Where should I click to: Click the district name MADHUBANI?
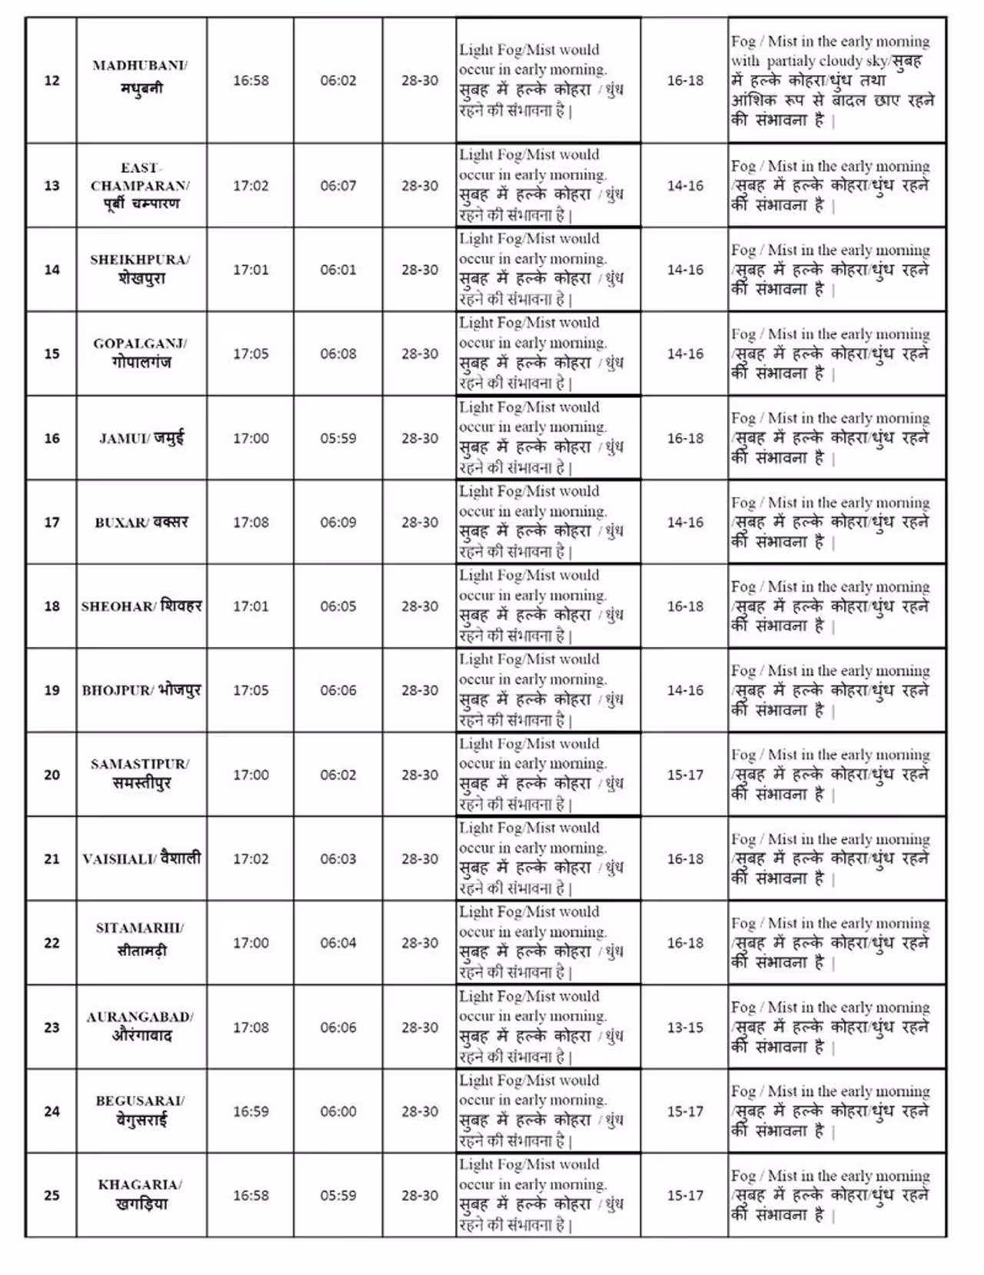tap(139, 66)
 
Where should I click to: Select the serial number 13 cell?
tap(52, 186)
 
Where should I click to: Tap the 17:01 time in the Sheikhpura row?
tap(251, 270)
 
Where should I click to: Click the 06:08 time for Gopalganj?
tap(338, 354)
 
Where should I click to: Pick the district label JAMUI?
tap(123, 439)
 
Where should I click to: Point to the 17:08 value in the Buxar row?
tap(251, 523)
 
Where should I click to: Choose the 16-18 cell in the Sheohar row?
tap(685, 606)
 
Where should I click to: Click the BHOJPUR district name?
tap(118, 691)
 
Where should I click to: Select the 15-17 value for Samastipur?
tap(685, 775)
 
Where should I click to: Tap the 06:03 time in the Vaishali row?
tap(338, 859)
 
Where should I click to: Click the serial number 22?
tap(52, 943)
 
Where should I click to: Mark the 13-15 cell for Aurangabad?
tap(685, 1028)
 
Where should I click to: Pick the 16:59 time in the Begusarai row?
tap(251, 1111)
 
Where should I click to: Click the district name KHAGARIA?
tap(140, 1185)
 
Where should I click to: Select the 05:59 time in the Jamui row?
tap(338, 439)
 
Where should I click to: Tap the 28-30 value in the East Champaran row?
tap(420, 186)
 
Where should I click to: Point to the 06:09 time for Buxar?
tap(338, 523)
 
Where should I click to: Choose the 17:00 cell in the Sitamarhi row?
tap(251, 943)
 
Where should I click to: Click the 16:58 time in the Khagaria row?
tap(251, 1196)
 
